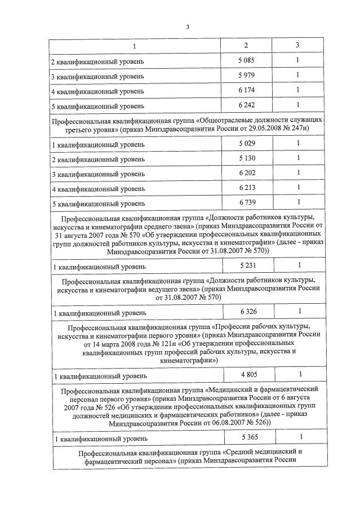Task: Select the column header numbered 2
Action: [x=246, y=45]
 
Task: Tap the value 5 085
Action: [x=246, y=60]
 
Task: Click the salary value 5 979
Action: [x=246, y=75]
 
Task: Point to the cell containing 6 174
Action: [x=246, y=90]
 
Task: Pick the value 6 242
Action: [x=246, y=105]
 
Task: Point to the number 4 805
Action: [x=248, y=374]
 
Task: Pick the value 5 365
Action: [x=248, y=437]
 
